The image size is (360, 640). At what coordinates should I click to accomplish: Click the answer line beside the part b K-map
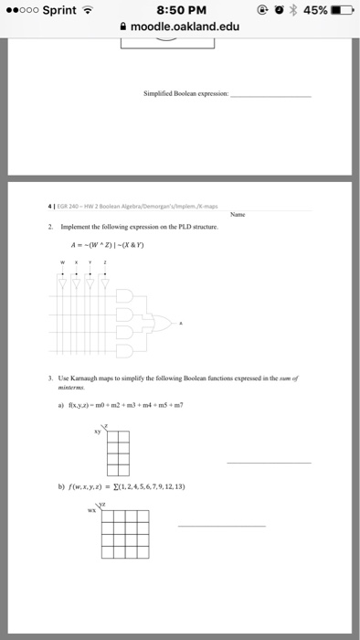tap(221, 526)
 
